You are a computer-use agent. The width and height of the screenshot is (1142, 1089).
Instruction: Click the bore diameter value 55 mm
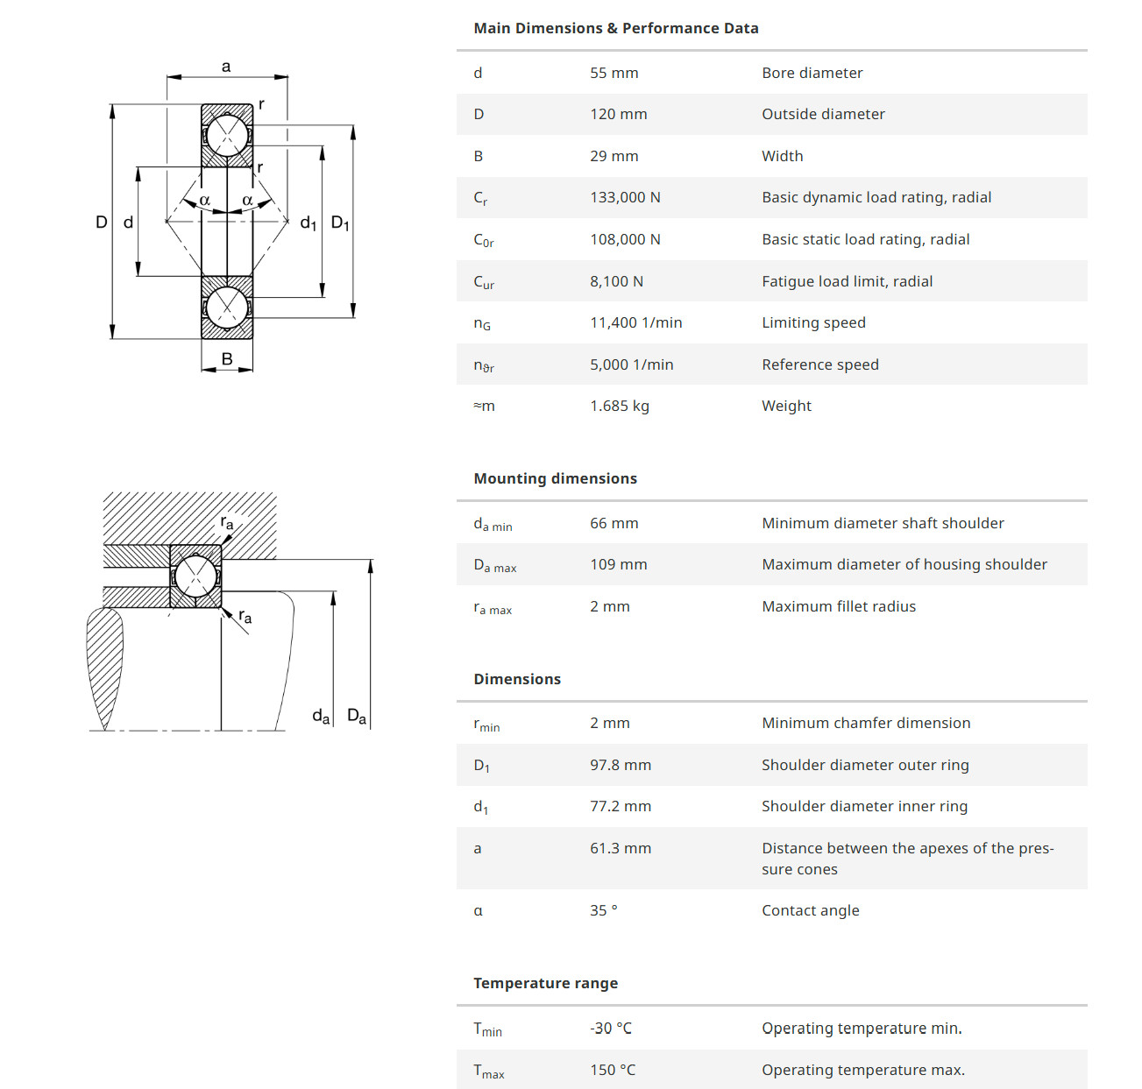coord(614,73)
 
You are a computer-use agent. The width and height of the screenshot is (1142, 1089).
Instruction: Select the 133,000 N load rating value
coord(625,197)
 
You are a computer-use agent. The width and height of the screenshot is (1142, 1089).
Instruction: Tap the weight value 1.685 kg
coord(619,406)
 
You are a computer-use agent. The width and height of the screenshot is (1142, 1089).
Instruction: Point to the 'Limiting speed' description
coord(813,322)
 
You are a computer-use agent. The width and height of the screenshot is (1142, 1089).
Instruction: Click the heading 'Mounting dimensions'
coord(555,478)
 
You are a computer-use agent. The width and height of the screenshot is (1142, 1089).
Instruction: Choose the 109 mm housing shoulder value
coord(618,564)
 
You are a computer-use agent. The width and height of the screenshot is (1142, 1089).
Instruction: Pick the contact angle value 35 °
coord(603,910)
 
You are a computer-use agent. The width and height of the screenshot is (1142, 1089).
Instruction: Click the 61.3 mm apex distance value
coord(620,848)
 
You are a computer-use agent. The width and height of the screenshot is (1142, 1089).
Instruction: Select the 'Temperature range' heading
coord(545,983)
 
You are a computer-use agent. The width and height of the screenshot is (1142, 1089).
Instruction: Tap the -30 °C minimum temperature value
coord(610,1028)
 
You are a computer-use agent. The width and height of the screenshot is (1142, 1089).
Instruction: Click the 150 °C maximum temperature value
coord(612,1070)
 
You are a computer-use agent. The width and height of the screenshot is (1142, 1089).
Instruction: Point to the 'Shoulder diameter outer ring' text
coord(865,765)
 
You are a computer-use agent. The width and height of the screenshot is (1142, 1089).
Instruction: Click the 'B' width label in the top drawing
coord(227,359)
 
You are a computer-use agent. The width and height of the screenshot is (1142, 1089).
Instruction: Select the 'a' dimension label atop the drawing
coord(226,67)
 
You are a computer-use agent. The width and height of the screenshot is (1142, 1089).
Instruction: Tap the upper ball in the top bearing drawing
coord(227,136)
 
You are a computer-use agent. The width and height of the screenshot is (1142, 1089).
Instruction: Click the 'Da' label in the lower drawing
coord(356,716)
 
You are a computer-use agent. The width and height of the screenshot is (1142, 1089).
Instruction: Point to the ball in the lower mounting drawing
coord(195,576)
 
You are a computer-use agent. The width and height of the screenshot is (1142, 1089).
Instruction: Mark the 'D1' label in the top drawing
coord(339,223)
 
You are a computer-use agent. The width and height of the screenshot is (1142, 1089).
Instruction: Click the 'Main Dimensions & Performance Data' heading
coord(615,28)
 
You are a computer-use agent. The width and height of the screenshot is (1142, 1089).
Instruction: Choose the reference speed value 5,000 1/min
coord(631,364)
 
